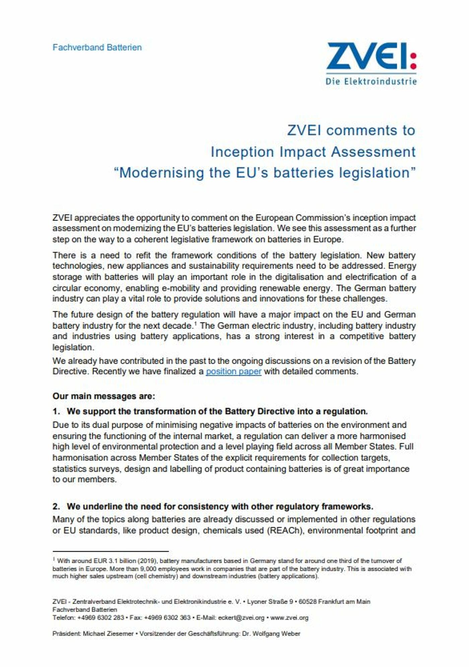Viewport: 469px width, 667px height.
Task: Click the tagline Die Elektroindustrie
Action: coord(371,81)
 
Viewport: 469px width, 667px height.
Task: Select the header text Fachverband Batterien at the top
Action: coord(97,48)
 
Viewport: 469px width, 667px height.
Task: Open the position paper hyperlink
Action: coord(233,371)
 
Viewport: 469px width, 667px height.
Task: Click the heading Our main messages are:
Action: coord(104,396)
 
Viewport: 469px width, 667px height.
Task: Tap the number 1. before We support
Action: coord(56,411)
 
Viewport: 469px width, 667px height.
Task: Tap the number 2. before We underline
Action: coord(56,506)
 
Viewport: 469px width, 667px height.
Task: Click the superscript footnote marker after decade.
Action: coord(195,323)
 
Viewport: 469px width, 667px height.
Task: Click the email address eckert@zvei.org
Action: coord(241,618)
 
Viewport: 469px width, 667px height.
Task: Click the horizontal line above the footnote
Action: coord(110,551)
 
